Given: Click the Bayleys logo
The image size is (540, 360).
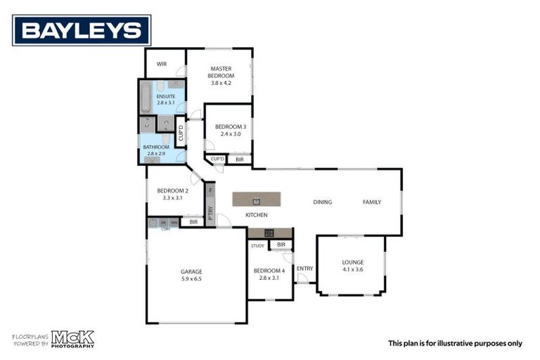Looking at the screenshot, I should coord(82,30).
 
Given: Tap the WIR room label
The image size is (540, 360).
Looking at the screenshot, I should coord(162,64).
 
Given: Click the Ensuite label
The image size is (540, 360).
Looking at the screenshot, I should coord(166,96).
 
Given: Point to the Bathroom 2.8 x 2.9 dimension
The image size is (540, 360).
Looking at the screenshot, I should coord(155,153).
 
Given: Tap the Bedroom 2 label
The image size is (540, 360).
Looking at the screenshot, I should coord(172,191).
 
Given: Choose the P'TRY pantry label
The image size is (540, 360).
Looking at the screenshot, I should coord(210,214).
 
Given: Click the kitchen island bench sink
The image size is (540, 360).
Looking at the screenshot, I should coord(257,200).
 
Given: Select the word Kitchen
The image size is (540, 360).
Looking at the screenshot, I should coord(256,214).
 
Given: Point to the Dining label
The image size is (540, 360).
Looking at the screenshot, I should coord(323,202).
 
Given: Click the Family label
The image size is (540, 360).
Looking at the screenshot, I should coord(372,202).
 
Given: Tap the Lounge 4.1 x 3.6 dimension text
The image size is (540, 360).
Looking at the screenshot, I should coord(353,269).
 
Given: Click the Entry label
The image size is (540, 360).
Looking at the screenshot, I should coord(304,269).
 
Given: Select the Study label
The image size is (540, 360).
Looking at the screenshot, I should coord(257,245).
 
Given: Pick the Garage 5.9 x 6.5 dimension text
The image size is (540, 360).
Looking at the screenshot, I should coord(191,278).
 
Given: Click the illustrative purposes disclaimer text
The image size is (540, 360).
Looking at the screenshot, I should coord(455,343).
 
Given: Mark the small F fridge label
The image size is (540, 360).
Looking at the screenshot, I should coord(210,191).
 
